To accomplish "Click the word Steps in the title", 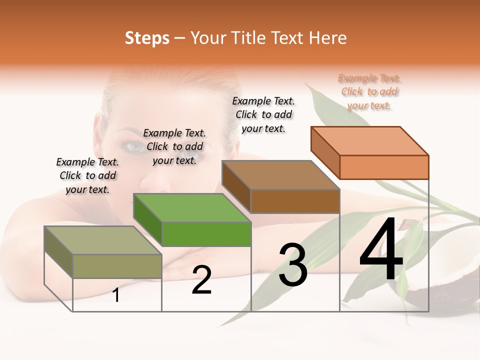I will [147, 38].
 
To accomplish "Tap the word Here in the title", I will [328, 38].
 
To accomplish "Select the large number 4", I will [381, 250].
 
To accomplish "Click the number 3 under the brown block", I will [293, 264].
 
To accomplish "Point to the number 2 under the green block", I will [201, 280].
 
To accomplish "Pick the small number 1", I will [116, 295].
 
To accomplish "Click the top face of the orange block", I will [370, 141].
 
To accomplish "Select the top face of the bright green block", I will [192, 208].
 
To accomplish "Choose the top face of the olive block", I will [103, 240].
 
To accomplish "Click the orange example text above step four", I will [369, 92].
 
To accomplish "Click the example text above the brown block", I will [263, 114].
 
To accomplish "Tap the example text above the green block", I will [174, 146].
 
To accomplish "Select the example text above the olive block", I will [87, 175].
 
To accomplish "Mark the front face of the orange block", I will [384, 167].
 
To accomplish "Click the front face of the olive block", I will [117, 266].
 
